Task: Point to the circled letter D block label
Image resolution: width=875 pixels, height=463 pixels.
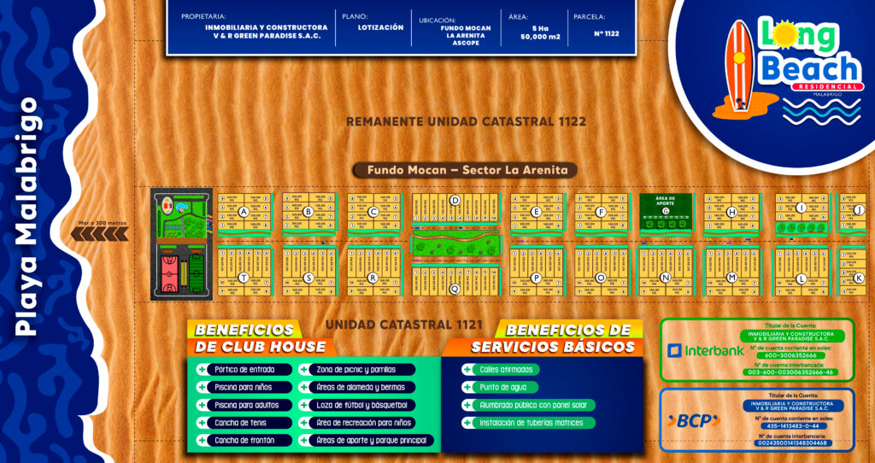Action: (455, 202)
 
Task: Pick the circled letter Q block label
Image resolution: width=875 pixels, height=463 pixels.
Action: (455, 289)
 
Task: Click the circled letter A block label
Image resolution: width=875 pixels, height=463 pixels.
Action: (244, 211)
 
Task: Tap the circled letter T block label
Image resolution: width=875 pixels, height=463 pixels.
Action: (244, 277)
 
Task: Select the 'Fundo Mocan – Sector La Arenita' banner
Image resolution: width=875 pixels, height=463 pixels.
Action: (461, 170)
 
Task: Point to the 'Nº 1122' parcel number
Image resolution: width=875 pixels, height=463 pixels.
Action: (605, 34)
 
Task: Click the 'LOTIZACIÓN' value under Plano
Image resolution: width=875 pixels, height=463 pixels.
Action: (380, 27)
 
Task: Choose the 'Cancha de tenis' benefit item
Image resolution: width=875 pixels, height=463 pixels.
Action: (238, 422)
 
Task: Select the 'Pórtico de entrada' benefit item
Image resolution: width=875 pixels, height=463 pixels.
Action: (244, 369)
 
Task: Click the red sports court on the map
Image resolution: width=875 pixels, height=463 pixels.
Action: (168, 271)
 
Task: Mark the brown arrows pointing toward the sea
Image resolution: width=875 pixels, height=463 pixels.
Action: (111, 233)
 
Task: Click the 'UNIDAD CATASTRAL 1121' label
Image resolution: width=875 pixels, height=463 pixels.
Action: (404, 325)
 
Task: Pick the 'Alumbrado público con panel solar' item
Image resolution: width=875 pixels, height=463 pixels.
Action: (533, 405)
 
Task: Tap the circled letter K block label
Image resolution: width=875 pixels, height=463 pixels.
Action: (859, 278)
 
